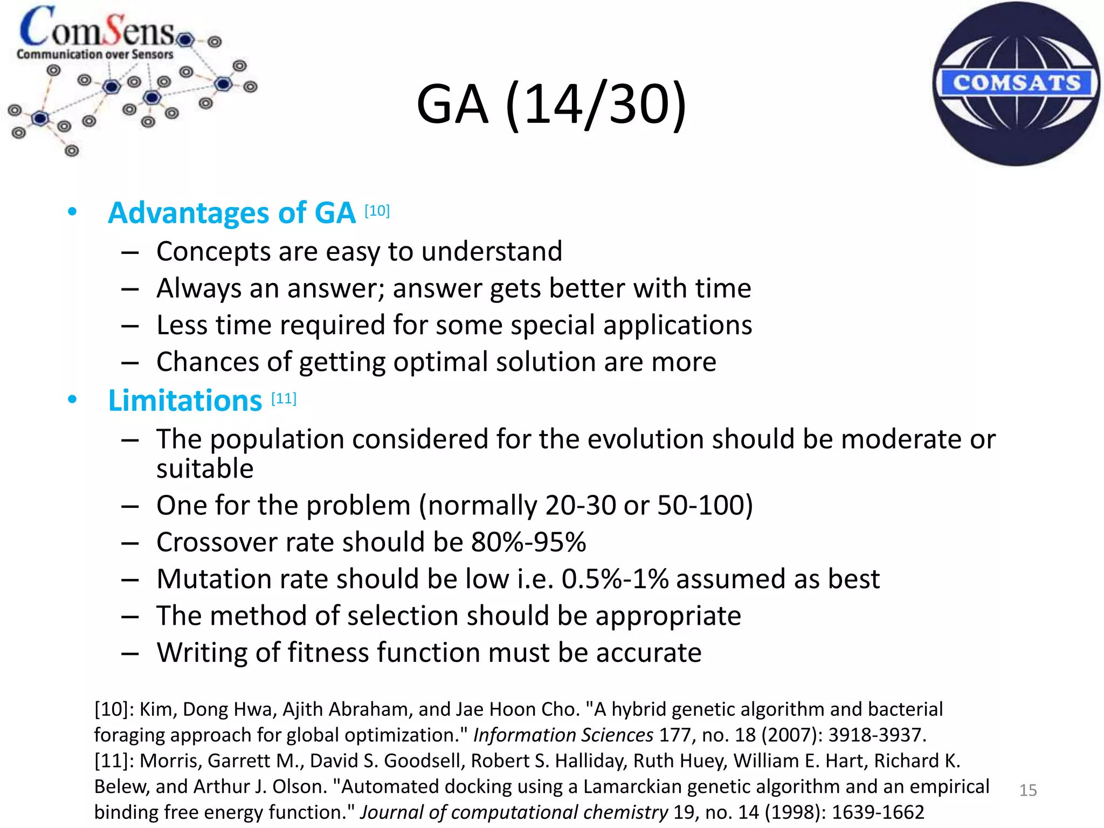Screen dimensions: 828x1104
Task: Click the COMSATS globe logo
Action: (x=1016, y=84)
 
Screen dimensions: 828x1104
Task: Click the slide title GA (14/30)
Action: (x=551, y=104)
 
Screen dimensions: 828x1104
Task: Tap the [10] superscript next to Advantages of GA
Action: (x=377, y=210)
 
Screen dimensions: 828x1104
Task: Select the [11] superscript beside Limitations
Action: (x=284, y=398)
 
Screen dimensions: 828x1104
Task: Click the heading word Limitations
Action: (x=185, y=401)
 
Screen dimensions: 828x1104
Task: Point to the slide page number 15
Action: (x=1028, y=790)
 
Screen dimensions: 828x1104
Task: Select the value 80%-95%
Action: (x=528, y=542)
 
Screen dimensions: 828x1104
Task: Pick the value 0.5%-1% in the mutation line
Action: (x=615, y=579)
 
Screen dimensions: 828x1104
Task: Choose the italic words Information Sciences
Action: (x=563, y=735)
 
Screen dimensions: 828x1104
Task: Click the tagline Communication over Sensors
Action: (x=95, y=54)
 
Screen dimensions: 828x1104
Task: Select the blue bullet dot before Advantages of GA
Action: (x=72, y=212)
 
